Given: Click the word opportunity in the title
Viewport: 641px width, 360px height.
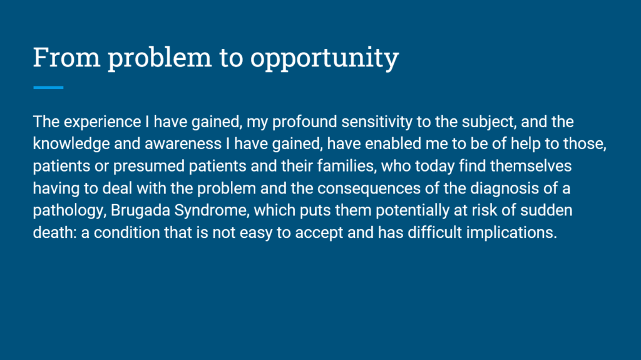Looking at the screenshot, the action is (x=325, y=58).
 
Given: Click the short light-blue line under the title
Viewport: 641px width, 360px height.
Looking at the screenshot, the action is (x=48, y=88).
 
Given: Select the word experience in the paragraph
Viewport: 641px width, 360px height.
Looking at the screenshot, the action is (x=102, y=122).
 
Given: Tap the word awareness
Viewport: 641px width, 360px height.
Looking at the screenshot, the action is (x=183, y=144).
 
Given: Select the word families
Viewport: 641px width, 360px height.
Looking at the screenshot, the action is (x=347, y=167).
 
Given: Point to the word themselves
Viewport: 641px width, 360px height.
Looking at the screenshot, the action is (x=531, y=166).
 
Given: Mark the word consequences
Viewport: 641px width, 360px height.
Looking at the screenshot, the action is (x=369, y=188).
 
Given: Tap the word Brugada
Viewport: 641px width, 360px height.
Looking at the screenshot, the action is (x=140, y=211).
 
